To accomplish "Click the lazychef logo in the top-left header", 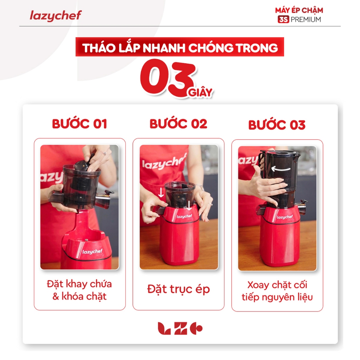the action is click(x=56, y=15).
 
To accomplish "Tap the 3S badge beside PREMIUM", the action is click(x=283, y=20).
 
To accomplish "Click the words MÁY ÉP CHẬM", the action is click(x=299, y=10).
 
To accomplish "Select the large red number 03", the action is click(x=168, y=77).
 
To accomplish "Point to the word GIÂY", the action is click(x=200, y=92).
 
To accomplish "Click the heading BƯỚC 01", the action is click(x=79, y=124).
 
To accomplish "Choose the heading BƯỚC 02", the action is click(x=178, y=124).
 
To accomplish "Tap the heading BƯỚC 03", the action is click(x=277, y=125).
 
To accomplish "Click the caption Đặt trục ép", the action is click(x=178, y=289).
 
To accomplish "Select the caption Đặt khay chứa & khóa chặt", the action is click(x=79, y=290).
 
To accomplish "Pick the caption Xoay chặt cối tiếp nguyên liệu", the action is click(x=277, y=291).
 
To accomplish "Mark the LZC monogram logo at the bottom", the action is click(x=180, y=328).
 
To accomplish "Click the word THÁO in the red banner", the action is click(x=99, y=48).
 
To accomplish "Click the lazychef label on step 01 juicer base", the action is click(x=92, y=252).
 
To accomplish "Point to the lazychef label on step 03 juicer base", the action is click(x=285, y=217).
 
